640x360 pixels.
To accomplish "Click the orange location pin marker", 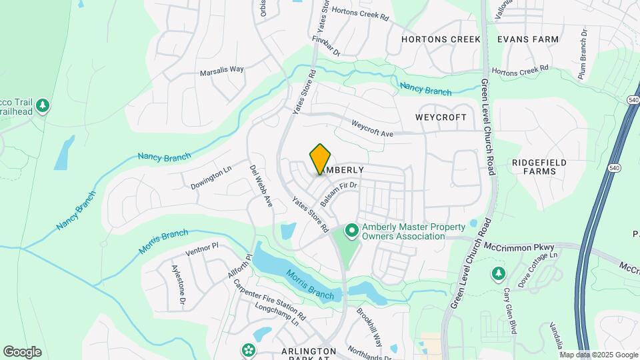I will tap(321, 159).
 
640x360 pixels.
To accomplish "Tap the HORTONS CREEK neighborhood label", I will tap(441, 39).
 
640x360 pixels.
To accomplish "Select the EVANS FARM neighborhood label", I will tap(528, 39).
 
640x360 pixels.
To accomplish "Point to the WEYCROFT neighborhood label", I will tap(441, 117).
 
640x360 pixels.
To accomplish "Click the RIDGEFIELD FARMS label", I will tap(539, 167).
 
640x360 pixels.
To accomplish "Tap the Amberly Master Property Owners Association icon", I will tap(351, 231).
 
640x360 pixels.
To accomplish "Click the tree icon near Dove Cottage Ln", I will tap(497, 273).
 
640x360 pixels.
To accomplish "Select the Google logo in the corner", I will tap(22, 351).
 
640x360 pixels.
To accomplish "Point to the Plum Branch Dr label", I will tap(583, 53).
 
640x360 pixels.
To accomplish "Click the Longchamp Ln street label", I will tap(277, 315).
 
